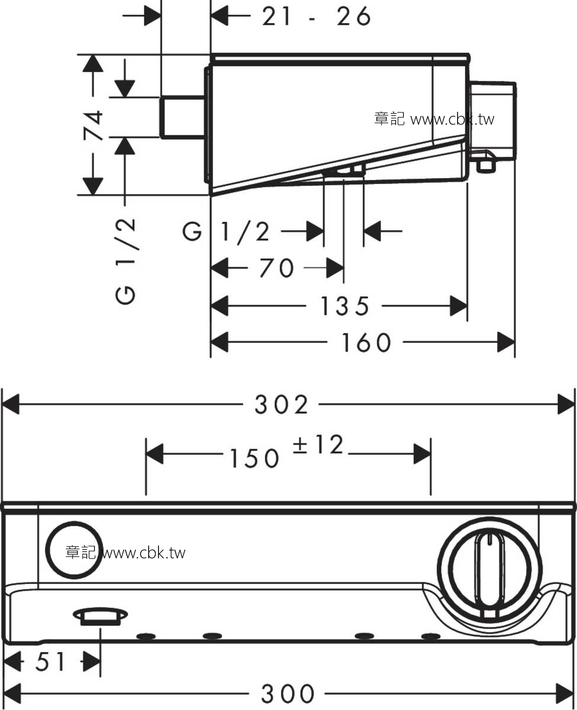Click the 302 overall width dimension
click(281, 405)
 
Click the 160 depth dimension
click(366, 343)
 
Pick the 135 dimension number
click(344, 306)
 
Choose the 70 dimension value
click(277, 267)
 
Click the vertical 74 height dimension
click(94, 125)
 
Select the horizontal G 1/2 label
click(226, 232)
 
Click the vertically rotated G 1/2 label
click(126, 262)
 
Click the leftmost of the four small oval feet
click(146, 636)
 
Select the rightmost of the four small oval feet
click(431, 636)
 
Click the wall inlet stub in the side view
click(183, 117)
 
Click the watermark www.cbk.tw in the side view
click(452, 119)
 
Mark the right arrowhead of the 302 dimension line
click(566, 404)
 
